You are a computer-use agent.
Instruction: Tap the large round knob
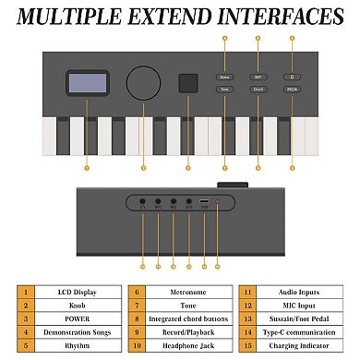coord(142,81)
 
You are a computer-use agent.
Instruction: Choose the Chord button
coord(258,90)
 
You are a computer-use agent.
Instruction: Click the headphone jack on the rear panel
coord(143,200)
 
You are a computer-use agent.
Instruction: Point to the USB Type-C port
coord(205,200)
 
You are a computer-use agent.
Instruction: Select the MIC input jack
coord(174,200)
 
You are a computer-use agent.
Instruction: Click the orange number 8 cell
coord(137,318)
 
